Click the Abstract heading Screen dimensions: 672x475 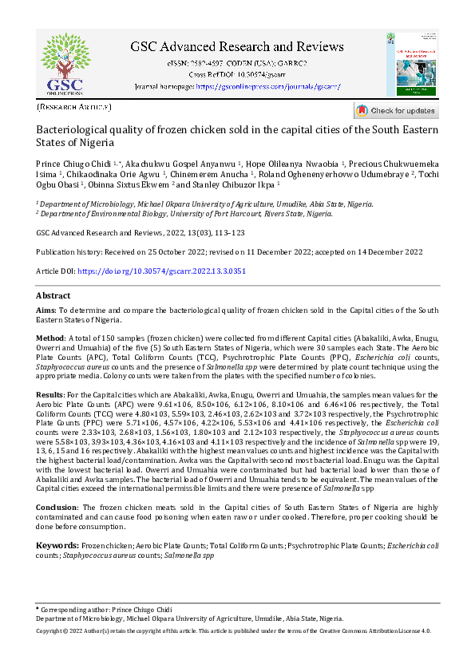click(x=53, y=296)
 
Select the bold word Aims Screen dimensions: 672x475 click(x=46, y=310)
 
